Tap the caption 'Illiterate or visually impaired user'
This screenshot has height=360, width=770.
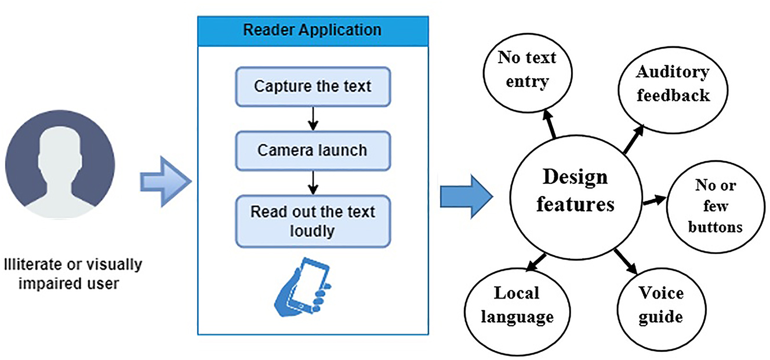tap(72, 274)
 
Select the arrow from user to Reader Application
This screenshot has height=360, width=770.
tap(165, 182)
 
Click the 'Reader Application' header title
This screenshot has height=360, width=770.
tap(313, 30)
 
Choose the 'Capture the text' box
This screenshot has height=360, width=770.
tap(313, 87)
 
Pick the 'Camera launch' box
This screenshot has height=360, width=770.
tap(313, 150)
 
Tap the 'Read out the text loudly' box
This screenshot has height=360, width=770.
tap(313, 221)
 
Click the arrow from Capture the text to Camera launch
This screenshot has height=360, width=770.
tap(313, 119)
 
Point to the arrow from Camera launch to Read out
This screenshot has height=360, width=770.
tap(313, 182)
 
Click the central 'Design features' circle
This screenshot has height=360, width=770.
tap(575, 191)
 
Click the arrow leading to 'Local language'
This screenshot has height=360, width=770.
tap(537, 263)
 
